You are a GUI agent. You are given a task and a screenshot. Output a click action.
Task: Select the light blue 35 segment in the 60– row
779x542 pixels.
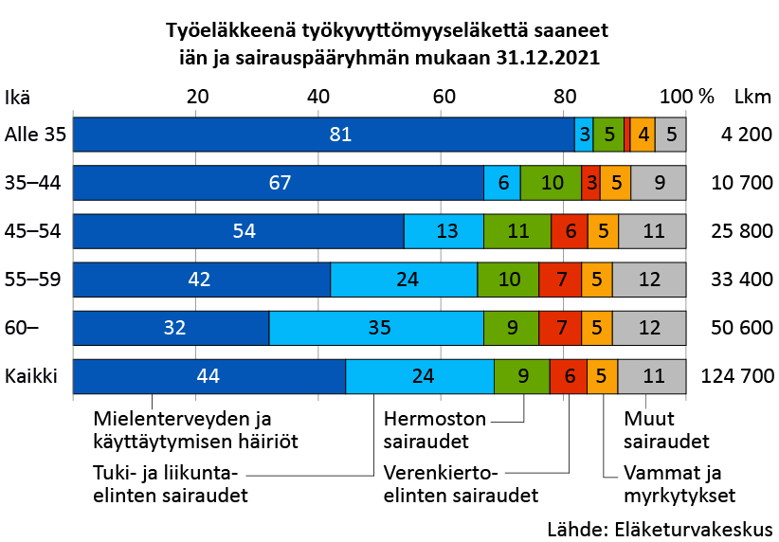376,328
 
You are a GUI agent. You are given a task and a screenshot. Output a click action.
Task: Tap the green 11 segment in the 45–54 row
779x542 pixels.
516,231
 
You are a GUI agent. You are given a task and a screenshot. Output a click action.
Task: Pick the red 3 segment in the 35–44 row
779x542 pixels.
590,183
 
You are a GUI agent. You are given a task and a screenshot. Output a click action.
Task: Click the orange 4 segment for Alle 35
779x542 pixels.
643,135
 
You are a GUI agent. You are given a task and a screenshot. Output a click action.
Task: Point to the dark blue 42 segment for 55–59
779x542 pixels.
202,280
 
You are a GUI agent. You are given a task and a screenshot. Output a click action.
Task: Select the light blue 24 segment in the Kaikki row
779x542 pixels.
420,376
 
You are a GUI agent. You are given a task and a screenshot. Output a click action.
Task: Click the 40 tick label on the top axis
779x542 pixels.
319,97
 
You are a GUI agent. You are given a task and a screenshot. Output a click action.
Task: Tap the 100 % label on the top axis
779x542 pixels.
686,97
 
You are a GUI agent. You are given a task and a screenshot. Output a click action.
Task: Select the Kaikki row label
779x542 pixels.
31,376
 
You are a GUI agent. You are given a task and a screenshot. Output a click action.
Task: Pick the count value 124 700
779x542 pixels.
736,376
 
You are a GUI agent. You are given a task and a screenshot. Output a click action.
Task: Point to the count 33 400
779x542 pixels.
742,280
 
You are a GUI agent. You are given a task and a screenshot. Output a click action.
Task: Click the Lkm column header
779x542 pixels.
754,97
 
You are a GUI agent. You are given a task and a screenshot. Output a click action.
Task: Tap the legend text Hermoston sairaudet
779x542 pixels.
435,429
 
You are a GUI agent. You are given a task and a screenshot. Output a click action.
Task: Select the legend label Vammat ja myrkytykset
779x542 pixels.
679,483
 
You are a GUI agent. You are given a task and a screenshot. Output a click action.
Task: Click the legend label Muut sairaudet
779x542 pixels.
666,429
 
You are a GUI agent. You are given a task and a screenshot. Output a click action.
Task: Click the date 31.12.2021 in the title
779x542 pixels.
547,57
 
